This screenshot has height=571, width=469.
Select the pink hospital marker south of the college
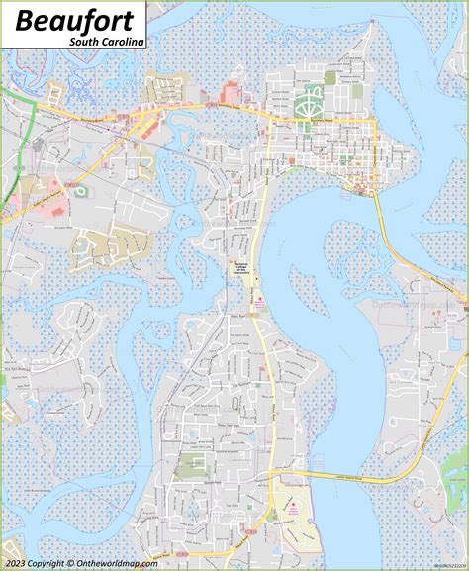(x=259, y=299)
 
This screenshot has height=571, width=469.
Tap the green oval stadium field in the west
(x=80, y=189)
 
